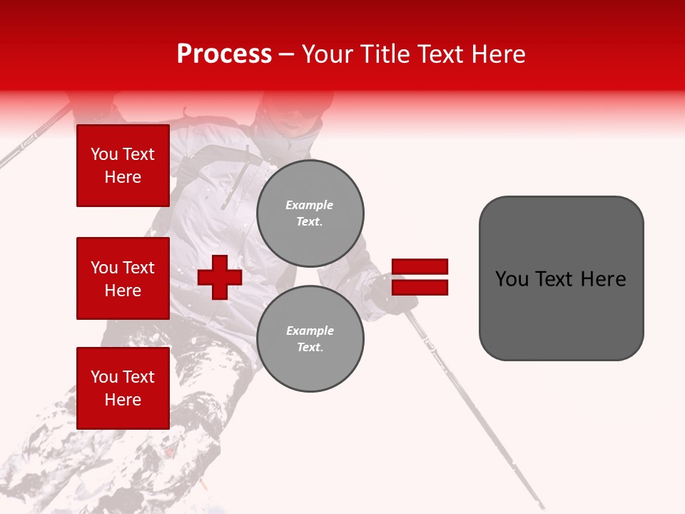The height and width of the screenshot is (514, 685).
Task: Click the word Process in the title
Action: (x=224, y=54)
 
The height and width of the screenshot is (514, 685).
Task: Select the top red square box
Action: (x=123, y=166)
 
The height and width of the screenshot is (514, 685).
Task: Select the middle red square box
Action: (x=123, y=278)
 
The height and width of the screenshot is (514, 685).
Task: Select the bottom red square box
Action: (x=123, y=388)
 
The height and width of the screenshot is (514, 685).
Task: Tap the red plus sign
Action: (x=220, y=277)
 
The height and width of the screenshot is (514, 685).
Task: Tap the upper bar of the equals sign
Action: (x=420, y=266)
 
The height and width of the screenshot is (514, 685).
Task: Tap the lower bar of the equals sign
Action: (x=420, y=287)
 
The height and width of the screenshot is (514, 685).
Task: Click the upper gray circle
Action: (x=310, y=213)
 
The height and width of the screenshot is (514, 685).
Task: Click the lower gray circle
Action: (x=310, y=338)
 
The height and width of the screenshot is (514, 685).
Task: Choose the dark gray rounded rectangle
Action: (x=561, y=278)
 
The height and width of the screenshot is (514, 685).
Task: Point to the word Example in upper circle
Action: (x=309, y=205)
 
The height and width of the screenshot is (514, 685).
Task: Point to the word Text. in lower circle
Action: (x=310, y=347)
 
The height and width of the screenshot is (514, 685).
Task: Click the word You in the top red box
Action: (x=103, y=154)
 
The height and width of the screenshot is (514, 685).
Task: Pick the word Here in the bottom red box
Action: (x=123, y=400)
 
